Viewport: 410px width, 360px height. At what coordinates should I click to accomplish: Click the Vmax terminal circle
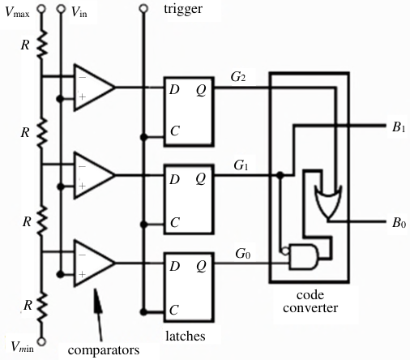(x=41, y=9)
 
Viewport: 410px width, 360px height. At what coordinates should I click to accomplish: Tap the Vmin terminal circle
(x=41, y=341)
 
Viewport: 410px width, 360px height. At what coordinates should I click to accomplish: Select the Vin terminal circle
(x=61, y=9)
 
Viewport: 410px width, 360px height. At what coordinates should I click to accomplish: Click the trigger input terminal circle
(x=143, y=9)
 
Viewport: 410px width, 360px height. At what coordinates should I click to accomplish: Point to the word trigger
(x=183, y=9)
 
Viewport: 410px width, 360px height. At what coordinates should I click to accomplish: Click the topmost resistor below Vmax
(x=41, y=44)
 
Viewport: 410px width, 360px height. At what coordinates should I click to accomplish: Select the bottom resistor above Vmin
(x=41, y=308)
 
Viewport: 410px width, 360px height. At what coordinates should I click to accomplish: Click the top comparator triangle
(x=94, y=88)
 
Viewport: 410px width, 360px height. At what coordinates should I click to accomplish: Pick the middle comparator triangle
(x=94, y=175)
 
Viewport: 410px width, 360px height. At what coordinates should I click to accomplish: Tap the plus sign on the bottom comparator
(x=82, y=275)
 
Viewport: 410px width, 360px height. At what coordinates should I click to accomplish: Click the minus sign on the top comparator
(x=82, y=78)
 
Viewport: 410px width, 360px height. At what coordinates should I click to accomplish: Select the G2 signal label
(x=238, y=77)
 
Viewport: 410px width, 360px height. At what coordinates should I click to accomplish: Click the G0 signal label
(x=242, y=254)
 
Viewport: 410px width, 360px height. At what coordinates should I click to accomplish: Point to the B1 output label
(x=399, y=126)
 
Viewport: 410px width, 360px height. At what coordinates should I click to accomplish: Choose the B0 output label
(x=399, y=223)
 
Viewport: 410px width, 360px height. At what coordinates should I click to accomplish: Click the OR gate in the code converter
(x=328, y=201)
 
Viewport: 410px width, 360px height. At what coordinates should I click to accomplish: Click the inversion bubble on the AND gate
(x=285, y=251)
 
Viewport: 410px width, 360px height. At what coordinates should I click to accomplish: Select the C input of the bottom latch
(x=174, y=310)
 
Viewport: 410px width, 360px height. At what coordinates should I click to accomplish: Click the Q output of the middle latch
(x=201, y=178)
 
